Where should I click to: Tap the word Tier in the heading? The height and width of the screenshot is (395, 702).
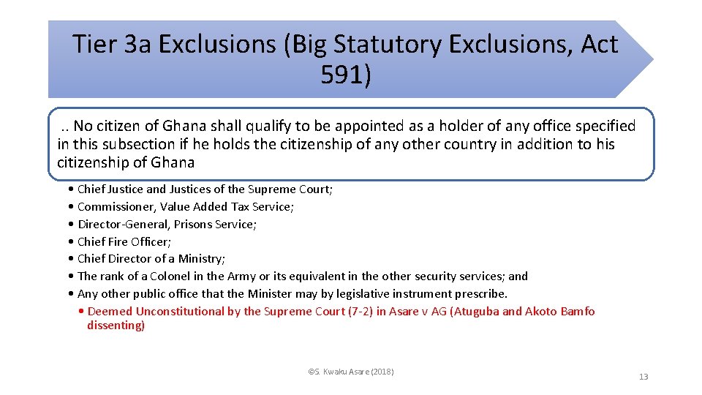pyautogui.click(x=95, y=45)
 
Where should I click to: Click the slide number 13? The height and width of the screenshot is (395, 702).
pyautogui.click(x=643, y=377)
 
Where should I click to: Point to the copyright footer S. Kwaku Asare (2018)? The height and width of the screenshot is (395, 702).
pyautogui.click(x=351, y=372)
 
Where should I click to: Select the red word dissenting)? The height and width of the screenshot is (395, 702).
pyautogui.click(x=116, y=326)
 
